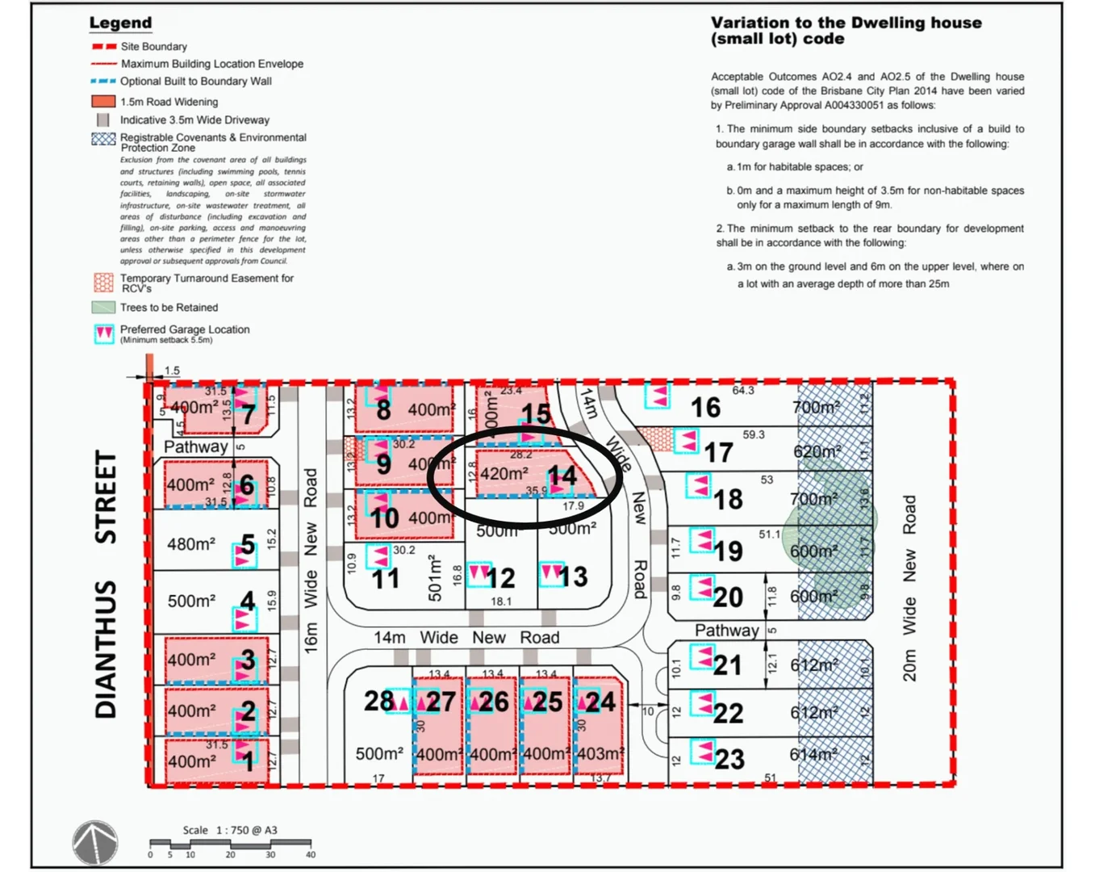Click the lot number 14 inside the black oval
click(x=562, y=476)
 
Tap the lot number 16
click(x=705, y=408)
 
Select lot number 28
click(x=378, y=701)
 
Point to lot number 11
click(x=385, y=578)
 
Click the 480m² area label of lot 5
click(x=191, y=544)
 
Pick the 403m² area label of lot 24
click(x=600, y=754)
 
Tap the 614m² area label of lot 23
click(x=812, y=754)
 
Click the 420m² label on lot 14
click(x=504, y=473)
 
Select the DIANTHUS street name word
click(x=106, y=649)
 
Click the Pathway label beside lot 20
click(x=727, y=630)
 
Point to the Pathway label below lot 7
click(x=195, y=446)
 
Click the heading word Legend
click(x=120, y=23)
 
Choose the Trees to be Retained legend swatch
click(x=103, y=308)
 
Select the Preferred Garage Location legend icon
click(x=104, y=333)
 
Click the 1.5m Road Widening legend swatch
click(x=103, y=102)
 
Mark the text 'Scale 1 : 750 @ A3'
click(x=230, y=830)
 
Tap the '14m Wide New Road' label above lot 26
click(x=466, y=637)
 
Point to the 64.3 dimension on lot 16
click(x=742, y=391)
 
